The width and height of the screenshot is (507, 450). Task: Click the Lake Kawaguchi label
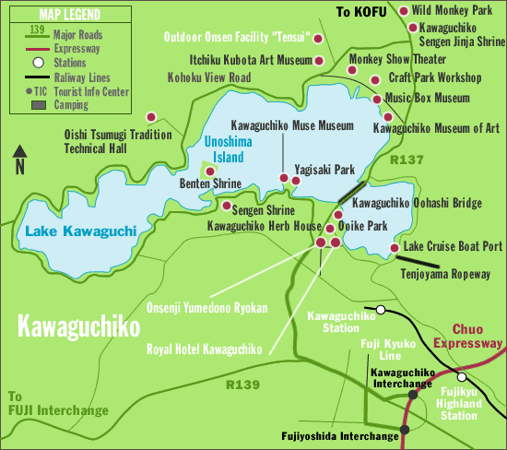(x=81, y=231)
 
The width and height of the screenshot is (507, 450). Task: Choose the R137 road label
(x=406, y=160)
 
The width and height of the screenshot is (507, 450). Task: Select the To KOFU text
(x=357, y=11)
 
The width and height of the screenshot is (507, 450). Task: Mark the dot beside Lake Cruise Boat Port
(x=395, y=247)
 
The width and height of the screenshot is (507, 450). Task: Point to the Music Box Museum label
(x=427, y=98)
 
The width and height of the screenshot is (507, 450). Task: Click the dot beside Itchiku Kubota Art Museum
(x=319, y=60)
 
